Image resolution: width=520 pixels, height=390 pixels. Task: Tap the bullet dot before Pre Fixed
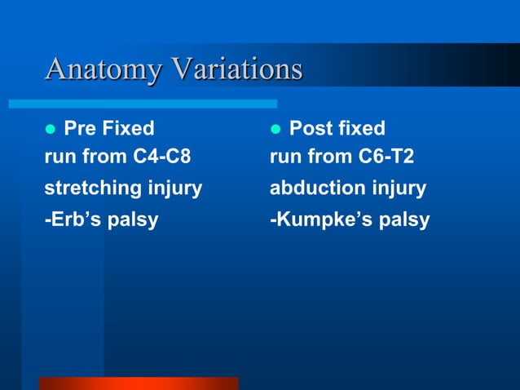pyautogui.click(x=50, y=130)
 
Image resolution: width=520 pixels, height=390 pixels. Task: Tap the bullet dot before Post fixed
pyautogui.click(x=275, y=130)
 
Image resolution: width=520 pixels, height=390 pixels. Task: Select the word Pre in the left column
pyautogui.click(x=81, y=128)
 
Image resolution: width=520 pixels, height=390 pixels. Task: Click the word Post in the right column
pyautogui.click(x=311, y=128)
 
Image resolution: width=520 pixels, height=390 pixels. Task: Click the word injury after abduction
pyautogui.click(x=397, y=189)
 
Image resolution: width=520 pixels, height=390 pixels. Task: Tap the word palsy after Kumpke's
pyautogui.click(x=405, y=221)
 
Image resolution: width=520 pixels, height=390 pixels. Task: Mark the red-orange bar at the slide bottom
pyautogui.click(x=138, y=383)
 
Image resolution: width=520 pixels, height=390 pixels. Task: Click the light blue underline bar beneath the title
pyautogui.click(x=143, y=104)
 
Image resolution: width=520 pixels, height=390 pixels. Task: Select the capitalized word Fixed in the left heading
pyautogui.click(x=128, y=128)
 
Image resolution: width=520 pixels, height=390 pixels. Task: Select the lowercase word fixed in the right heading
pyautogui.click(x=359, y=128)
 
